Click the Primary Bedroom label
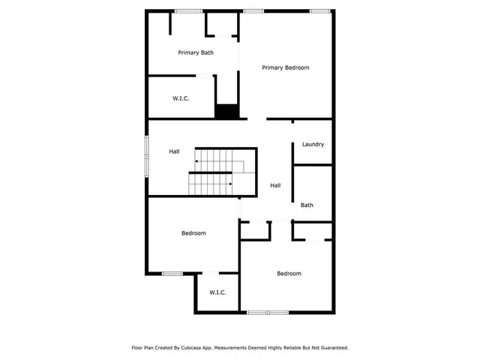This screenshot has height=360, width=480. (x=285, y=67)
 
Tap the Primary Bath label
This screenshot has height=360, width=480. (x=196, y=52)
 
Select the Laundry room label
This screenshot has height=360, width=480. (x=313, y=144)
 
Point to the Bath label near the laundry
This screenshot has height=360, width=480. (x=307, y=205)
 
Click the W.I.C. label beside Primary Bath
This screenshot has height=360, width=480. (x=181, y=98)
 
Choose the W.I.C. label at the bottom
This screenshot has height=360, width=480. (x=217, y=292)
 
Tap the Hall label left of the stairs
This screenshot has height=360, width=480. (x=174, y=151)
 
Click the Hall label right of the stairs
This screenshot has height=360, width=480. (x=275, y=185)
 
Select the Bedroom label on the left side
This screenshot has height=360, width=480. (x=193, y=233)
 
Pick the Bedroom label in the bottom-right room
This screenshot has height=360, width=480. (x=289, y=274)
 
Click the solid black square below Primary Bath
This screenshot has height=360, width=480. (x=226, y=111)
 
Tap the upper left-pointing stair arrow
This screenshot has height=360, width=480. (x=197, y=160)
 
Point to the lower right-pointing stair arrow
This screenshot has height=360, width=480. (x=229, y=183)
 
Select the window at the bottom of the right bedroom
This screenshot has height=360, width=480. (x=268, y=312)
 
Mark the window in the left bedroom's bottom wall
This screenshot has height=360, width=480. (x=172, y=273)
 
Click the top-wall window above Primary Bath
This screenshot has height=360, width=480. (x=187, y=10)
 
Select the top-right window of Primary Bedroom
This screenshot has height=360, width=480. (x=320, y=10)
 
